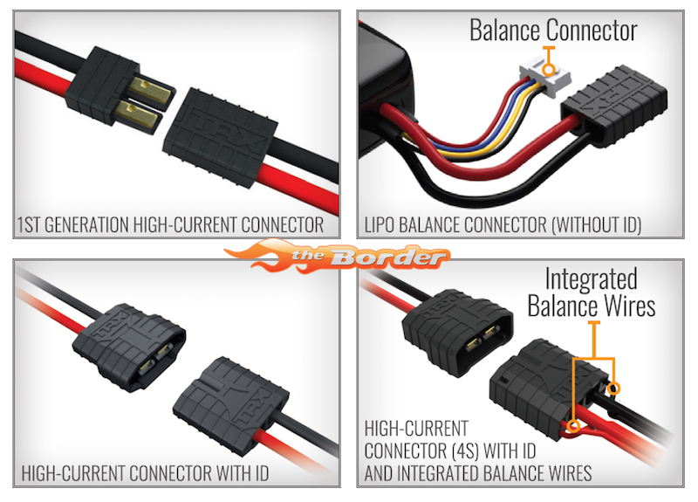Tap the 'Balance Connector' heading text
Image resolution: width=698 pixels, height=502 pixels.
pyautogui.click(x=553, y=30)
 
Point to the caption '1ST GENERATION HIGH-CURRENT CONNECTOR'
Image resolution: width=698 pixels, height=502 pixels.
pyautogui.click(x=170, y=224)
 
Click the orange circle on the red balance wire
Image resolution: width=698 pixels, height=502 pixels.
pyautogui.click(x=574, y=427)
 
